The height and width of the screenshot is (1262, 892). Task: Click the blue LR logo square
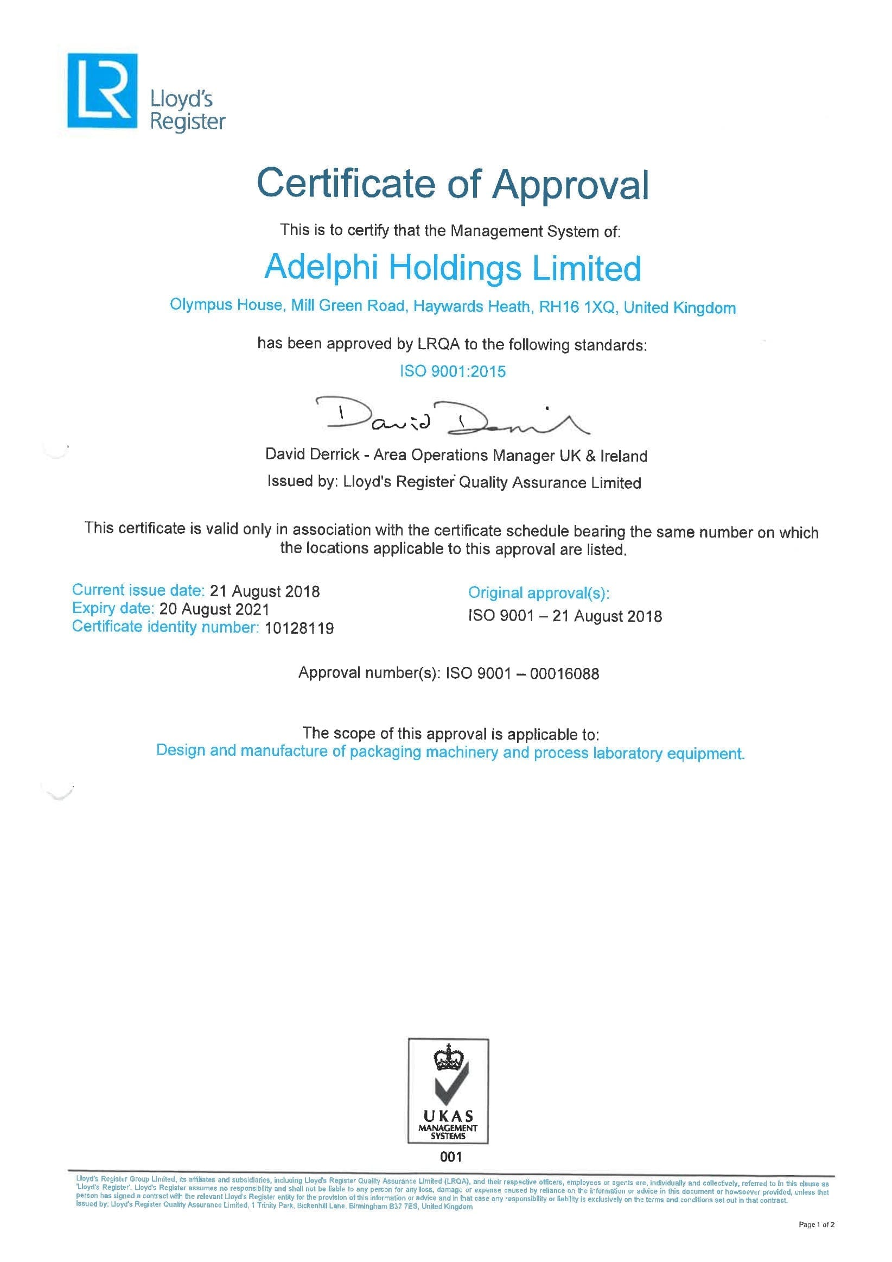coord(102,91)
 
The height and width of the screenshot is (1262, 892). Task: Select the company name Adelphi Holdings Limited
coord(452,268)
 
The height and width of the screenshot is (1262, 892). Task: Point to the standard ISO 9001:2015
coord(452,371)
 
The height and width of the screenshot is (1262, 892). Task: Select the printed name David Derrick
coord(312,455)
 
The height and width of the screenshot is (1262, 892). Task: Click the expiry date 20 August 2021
coord(214,610)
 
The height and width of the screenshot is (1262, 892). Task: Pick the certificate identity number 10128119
coord(299,628)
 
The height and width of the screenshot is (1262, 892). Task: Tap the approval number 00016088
coord(564,674)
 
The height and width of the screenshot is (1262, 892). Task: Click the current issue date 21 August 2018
coord(265,591)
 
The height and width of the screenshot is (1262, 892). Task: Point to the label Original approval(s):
coord(538,593)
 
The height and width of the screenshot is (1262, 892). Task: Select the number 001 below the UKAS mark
coord(450,1157)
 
